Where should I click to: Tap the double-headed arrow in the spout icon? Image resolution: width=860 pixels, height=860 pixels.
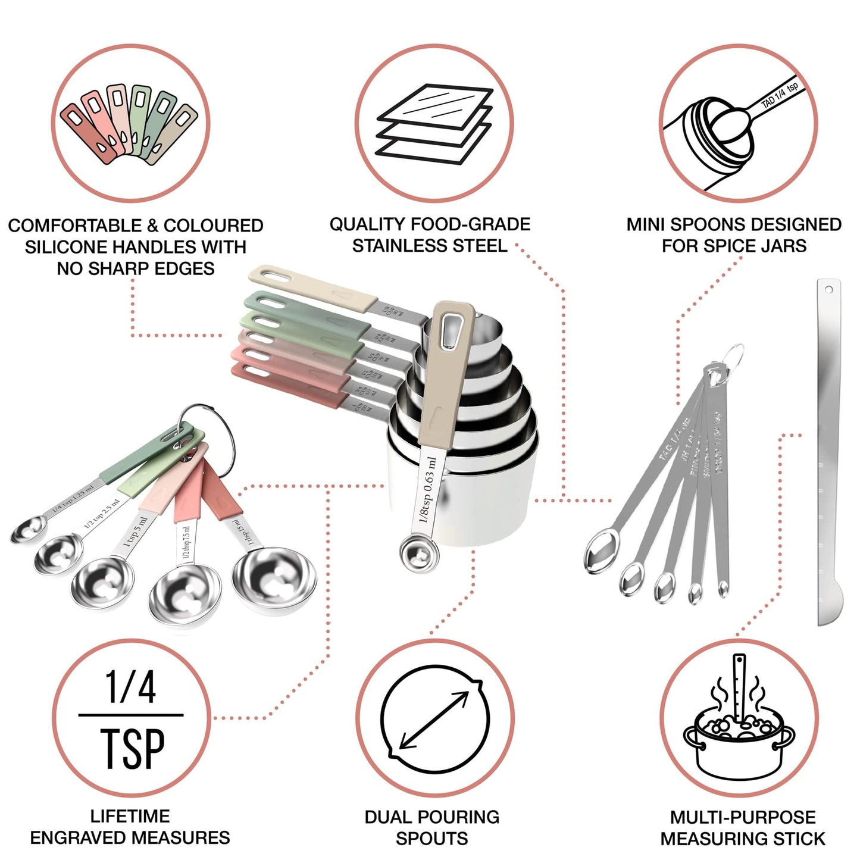434,721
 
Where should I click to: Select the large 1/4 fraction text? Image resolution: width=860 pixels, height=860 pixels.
130,687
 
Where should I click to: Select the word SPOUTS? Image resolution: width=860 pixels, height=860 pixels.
431,839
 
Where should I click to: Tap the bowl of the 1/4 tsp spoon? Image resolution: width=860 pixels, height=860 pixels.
28,529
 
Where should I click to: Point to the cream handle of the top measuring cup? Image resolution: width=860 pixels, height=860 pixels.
312,284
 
